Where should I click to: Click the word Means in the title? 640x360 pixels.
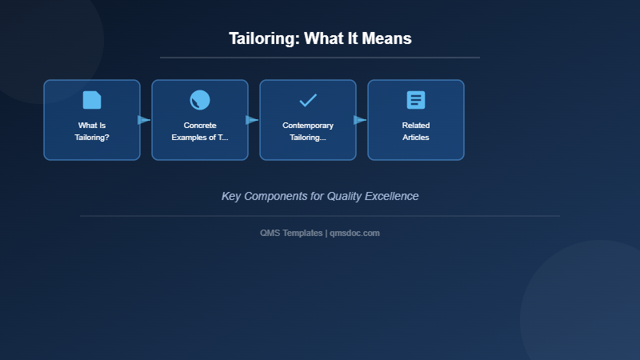(x=386, y=38)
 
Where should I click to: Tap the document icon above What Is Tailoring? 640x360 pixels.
(x=92, y=100)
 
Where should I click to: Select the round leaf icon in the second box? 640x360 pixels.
(x=200, y=100)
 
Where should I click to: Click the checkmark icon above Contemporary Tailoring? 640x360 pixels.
(x=308, y=100)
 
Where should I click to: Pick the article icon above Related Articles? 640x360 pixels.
(x=416, y=100)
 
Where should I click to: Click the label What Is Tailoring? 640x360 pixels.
(x=92, y=131)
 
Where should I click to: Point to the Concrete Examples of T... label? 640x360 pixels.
(x=200, y=131)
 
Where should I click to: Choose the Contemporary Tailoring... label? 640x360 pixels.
(x=308, y=131)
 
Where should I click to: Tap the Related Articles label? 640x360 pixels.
(x=416, y=131)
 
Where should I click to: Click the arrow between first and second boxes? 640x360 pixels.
(x=144, y=120)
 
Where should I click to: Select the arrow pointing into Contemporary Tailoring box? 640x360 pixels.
(x=252, y=120)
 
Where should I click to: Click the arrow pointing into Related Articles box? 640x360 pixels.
(x=360, y=120)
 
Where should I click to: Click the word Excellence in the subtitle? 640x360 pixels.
(x=391, y=196)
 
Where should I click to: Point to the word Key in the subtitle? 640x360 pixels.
(x=231, y=196)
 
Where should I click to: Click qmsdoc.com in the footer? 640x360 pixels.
(x=355, y=233)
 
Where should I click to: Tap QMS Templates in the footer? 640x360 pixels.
(x=292, y=233)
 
